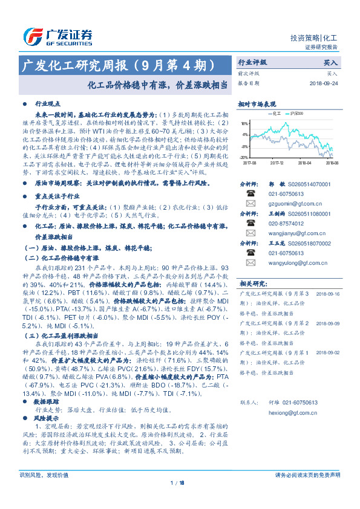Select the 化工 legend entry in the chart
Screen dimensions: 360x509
(x=272, y=113)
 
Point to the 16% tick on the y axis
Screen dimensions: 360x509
(x=244, y=123)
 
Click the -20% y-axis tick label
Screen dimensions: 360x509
(x=243, y=156)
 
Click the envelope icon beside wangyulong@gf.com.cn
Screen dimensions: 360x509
(x=250, y=262)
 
